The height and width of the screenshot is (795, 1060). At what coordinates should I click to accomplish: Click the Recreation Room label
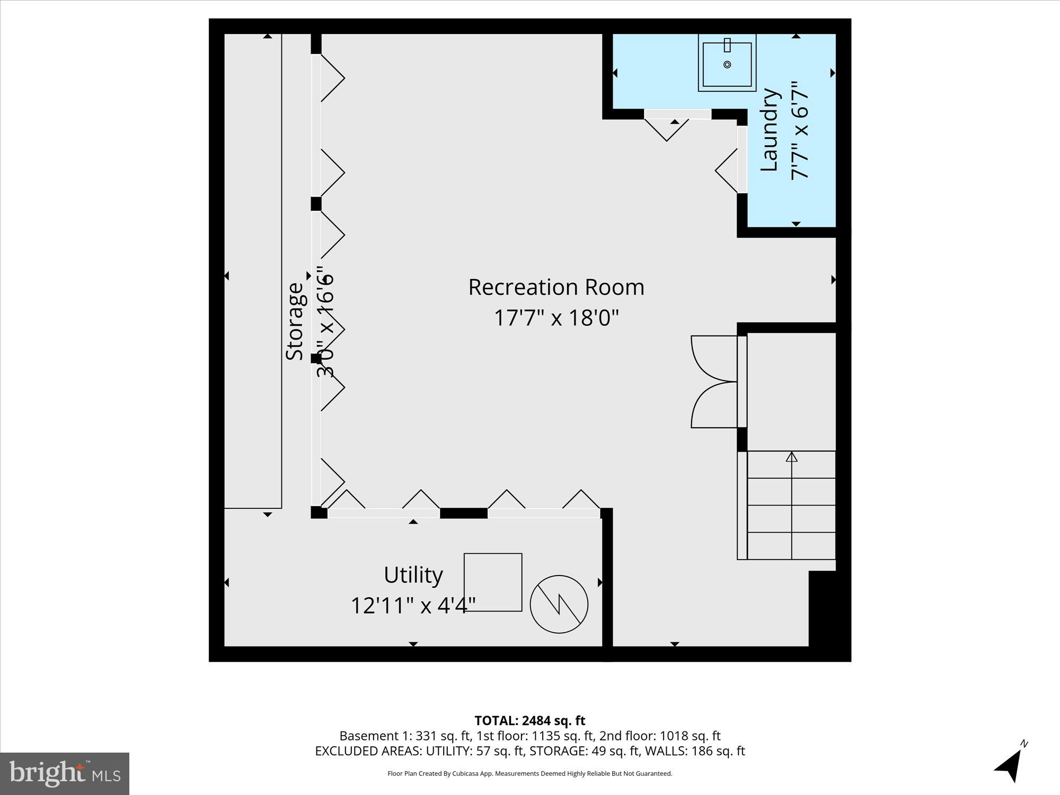(556, 287)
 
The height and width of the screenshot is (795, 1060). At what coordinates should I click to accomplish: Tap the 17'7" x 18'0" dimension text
(556, 318)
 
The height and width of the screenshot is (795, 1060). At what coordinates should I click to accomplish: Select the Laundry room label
(770, 130)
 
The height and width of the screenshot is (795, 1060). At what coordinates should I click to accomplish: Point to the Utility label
(413, 575)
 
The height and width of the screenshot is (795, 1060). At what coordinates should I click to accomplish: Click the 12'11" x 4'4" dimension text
(413, 605)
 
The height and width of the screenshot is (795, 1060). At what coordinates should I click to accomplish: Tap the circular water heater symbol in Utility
(559, 604)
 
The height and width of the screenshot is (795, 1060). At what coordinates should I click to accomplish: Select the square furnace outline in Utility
(493, 582)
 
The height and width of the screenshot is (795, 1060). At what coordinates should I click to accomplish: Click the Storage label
(295, 322)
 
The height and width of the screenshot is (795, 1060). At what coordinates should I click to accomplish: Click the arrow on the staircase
(791, 457)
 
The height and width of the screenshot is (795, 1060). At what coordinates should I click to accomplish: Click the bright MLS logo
(65, 773)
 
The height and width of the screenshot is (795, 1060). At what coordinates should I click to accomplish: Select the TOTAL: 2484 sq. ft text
(529, 721)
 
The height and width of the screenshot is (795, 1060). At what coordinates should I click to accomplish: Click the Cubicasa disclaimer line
(529, 773)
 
